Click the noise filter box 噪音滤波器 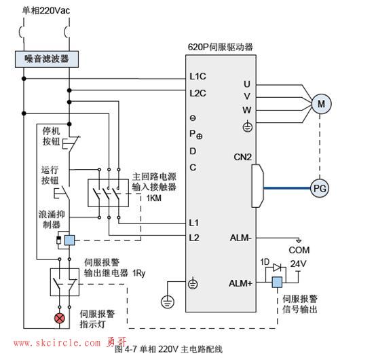click(x=47, y=59)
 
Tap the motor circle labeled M click(x=321, y=104)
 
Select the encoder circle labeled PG click(x=320, y=188)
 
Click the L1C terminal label click(x=198, y=76)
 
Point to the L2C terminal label click(x=198, y=93)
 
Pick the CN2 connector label click(x=243, y=157)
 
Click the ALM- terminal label click(x=241, y=238)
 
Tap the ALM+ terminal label click(x=240, y=283)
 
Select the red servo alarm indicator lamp click(x=60, y=319)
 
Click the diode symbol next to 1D click(x=278, y=268)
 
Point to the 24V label click(x=299, y=264)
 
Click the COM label click(x=299, y=250)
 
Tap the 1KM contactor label click(x=154, y=198)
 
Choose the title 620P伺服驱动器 click(x=220, y=47)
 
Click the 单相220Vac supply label click(x=46, y=11)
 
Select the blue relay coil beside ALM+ click(x=277, y=282)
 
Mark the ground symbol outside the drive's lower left click(x=168, y=302)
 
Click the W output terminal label click(x=247, y=110)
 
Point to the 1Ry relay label click(x=139, y=273)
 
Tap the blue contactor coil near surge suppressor click(x=69, y=240)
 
